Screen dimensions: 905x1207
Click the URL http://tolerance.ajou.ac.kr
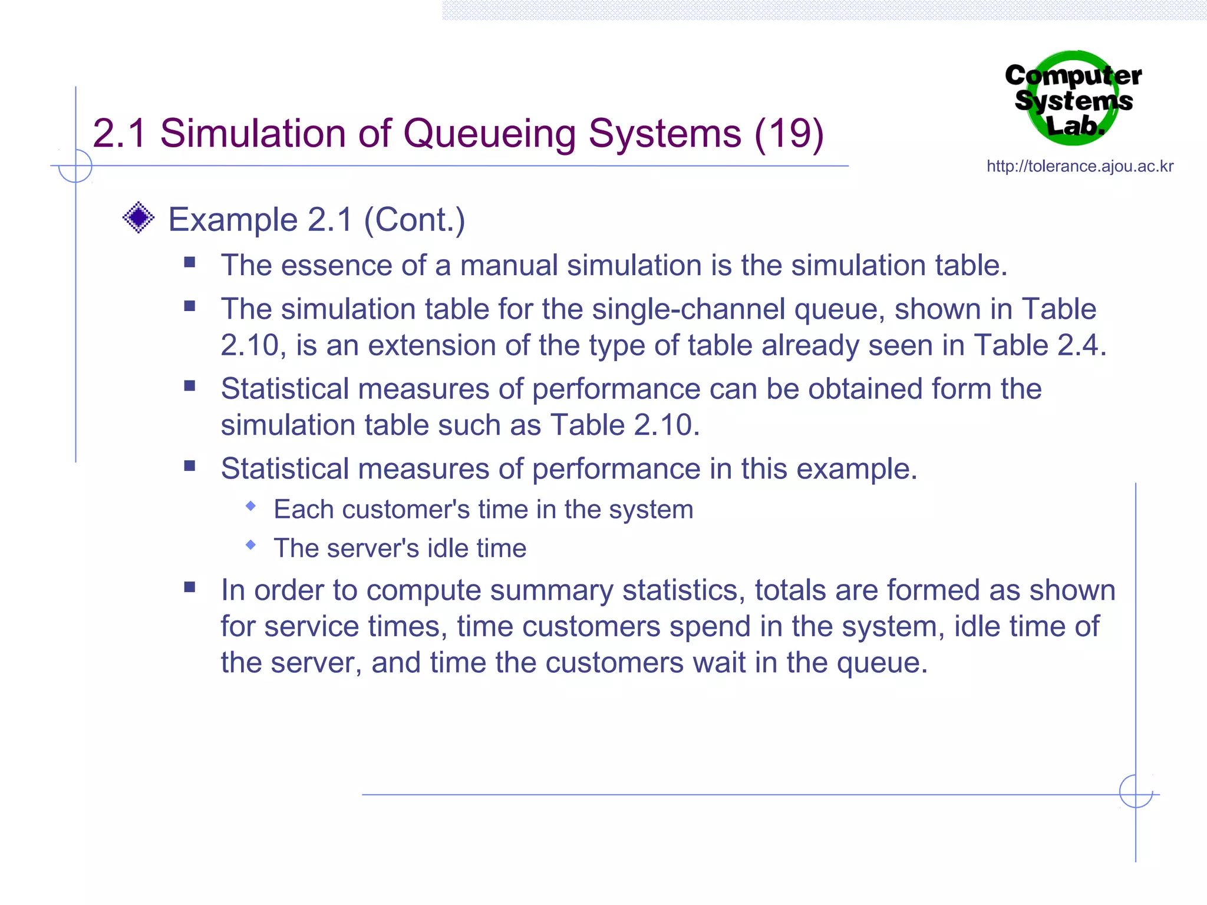click(x=1080, y=166)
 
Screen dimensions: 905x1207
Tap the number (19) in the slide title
click(x=789, y=134)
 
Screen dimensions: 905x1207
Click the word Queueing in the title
click(x=489, y=134)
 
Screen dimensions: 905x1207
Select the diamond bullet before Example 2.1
click(x=138, y=217)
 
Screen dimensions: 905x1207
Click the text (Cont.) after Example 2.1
click(x=414, y=220)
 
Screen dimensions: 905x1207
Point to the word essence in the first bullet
click(x=336, y=265)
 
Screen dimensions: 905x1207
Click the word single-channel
click(x=688, y=309)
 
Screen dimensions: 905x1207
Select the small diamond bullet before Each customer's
click(x=251, y=506)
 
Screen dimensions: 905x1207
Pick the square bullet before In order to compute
click(x=189, y=587)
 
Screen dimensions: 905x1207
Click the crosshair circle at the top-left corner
click(x=75, y=166)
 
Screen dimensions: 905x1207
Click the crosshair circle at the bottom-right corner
click(x=1136, y=791)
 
